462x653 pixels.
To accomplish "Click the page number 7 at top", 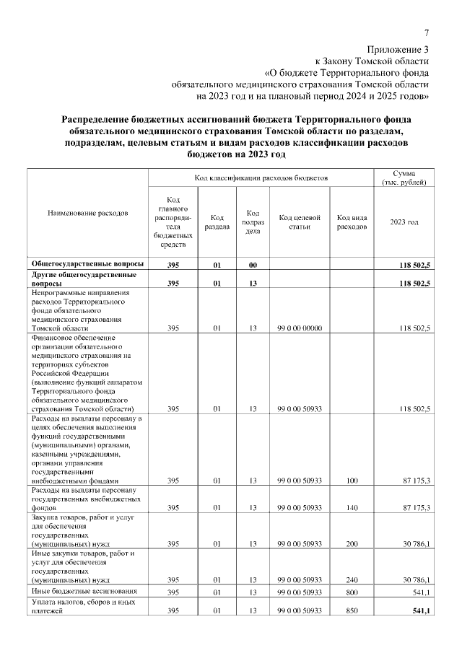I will point(427,33).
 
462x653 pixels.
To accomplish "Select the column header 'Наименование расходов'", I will point(87,214).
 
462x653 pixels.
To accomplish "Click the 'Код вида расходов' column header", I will point(352,222).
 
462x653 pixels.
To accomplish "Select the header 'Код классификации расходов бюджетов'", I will point(261,177).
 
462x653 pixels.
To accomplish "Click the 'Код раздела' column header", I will point(217,222).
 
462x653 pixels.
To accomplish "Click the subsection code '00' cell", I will point(253,266).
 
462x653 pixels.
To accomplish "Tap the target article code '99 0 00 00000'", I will point(299,328).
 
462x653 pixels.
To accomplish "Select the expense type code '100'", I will point(352,480).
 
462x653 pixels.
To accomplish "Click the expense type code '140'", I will point(352,508).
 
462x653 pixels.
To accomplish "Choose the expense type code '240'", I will point(352,579).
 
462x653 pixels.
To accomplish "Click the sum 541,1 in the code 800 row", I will point(419,593).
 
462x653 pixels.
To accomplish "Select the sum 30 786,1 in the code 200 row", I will point(415,543).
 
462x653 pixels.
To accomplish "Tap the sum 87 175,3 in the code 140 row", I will point(415,508).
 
